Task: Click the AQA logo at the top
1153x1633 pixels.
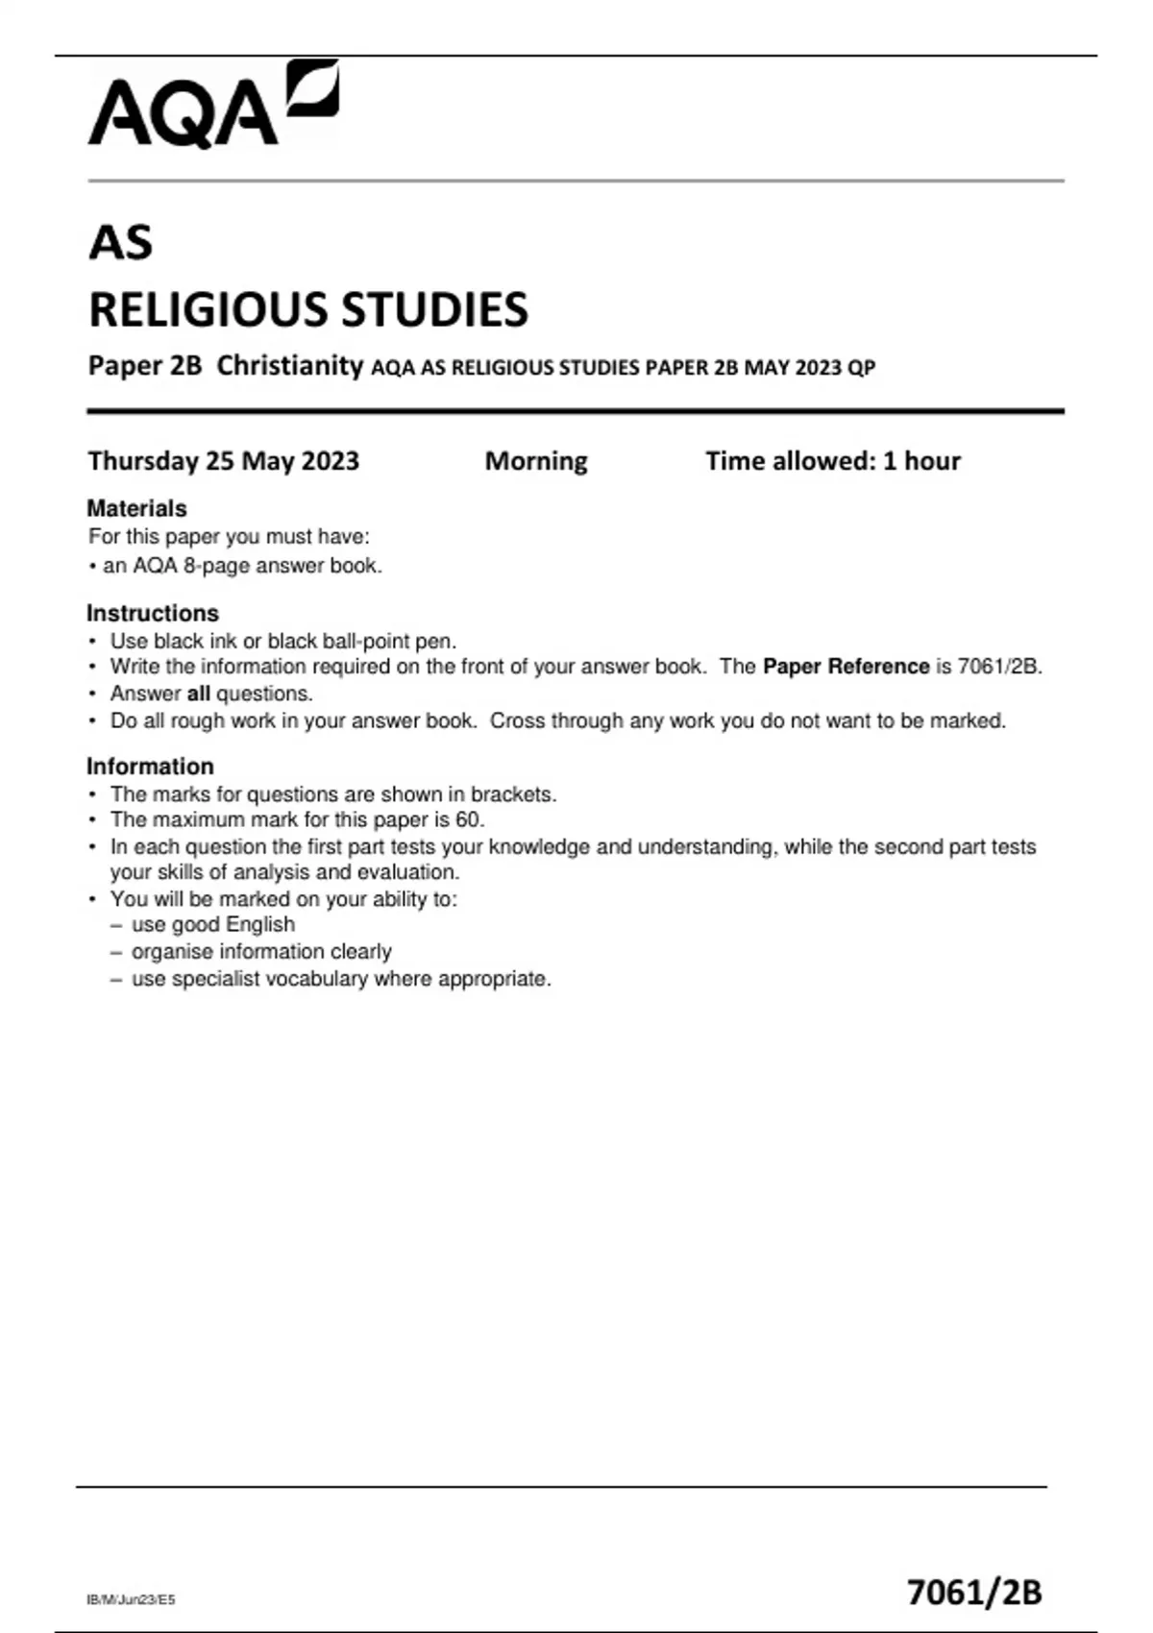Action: click(x=212, y=105)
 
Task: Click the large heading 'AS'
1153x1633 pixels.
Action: click(x=120, y=242)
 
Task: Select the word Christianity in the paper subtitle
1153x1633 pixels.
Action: click(x=289, y=366)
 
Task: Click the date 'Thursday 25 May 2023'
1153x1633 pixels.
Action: click(x=223, y=461)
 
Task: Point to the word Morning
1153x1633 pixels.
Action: click(x=536, y=461)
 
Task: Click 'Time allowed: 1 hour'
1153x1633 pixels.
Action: click(x=832, y=461)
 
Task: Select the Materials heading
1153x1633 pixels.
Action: click(x=136, y=508)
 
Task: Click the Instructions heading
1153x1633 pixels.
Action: click(x=153, y=613)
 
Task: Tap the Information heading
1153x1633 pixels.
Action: click(x=150, y=767)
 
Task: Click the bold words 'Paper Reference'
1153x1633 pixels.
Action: click(x=846, y=667)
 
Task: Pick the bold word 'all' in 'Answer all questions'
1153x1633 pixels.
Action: click(x=198, y=694)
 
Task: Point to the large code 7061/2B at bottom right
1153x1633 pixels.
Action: click(x=974, y=1592)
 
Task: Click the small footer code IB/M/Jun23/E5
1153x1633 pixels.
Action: click(x=131, y=1599)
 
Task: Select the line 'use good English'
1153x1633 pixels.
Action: click(x=212, y=924)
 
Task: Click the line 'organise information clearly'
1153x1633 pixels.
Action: click(x=260, y=951)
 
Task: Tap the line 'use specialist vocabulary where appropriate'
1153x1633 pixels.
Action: click(x=340, y=979)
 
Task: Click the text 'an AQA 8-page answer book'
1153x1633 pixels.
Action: click(x=241, y=566)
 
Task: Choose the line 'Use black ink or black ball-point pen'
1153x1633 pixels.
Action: click(x=282, y=641)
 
